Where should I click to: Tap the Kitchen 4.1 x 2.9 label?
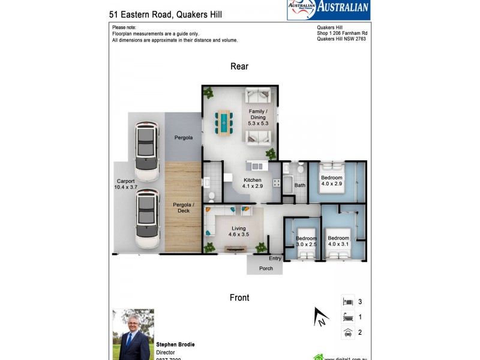tap(252, 183)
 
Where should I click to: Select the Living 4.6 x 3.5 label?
tap(239, 231)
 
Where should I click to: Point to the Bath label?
tap(299, 185)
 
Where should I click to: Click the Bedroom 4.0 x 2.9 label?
tap(331, 181)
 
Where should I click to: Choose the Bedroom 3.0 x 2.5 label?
tap(306, 242)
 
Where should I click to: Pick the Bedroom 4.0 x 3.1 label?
tap(338, 242)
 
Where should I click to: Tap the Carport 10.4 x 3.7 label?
tap(126, 184)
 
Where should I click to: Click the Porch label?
tap(266, 268)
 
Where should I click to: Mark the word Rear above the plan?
tap(239, 67)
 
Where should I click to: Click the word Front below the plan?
tap(239, 298)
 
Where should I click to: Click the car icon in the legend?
tap(347, 332)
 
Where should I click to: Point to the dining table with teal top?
tap(224, 122)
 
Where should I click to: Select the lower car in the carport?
tap(146, 219)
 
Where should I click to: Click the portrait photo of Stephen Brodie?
tap(133, 334)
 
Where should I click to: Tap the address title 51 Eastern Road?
tap(166, 14)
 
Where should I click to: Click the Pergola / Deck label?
tap(182, 208)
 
